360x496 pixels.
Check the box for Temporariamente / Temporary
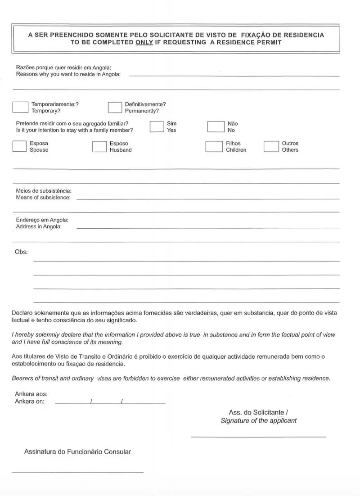coord(20,107)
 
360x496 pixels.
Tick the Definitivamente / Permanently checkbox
coord(115,107)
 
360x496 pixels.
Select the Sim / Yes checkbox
coord(157,126)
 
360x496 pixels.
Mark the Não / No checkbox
coord(216,126)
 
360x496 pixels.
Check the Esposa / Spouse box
coord(19,146)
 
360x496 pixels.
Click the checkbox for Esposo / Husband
coord(99,146)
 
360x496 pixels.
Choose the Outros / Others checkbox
coord(271,146)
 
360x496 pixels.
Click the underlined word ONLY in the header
coord(144,42)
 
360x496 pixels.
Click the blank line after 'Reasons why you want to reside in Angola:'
coord(234,76)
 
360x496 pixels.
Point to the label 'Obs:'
coord(22,252)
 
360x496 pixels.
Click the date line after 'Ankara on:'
coord(110,403)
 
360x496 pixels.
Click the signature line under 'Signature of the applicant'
coord(258,437)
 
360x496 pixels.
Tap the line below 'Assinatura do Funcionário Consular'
coord(77,472)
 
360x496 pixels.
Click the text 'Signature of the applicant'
coord(258,420)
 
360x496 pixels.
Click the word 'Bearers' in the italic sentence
coord(23,379)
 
